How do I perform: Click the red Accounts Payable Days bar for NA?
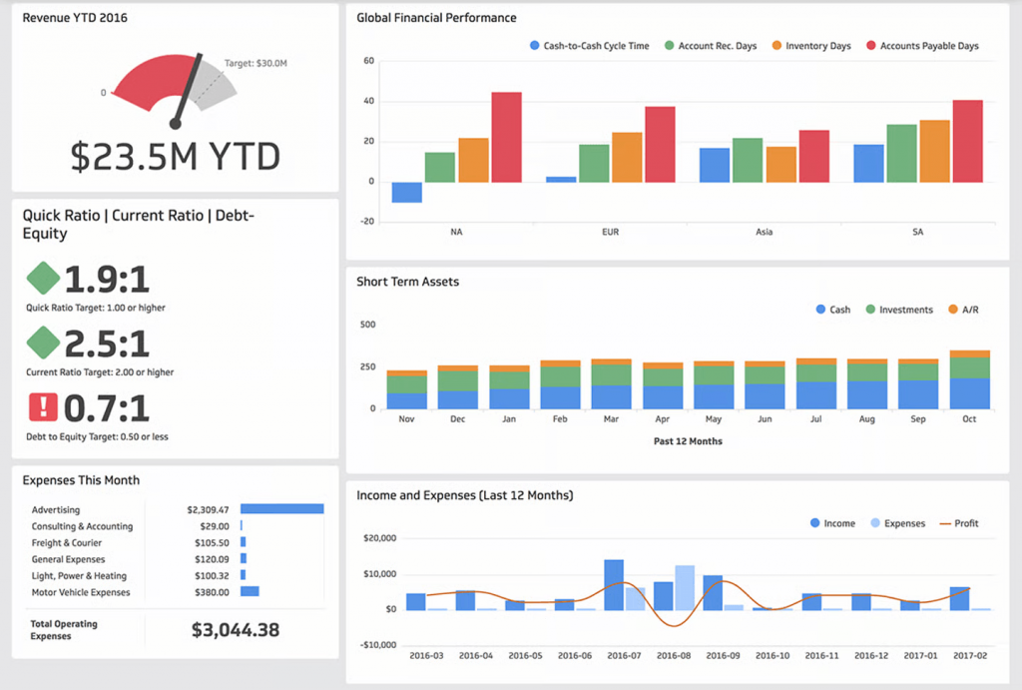click(x=506, y=137)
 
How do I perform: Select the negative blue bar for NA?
click(x=406, y=192)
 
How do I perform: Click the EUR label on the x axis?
click(x=611, y=232)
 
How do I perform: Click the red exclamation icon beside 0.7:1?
click(x=43, y=407)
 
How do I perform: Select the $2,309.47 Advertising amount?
click(x=208, y=509)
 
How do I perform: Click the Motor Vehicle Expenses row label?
click(x=81, y=592)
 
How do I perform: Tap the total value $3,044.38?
click(x=236, y=630)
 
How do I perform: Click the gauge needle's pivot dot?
click(x=176, y=123)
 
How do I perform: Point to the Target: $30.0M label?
click(x=255, y=63)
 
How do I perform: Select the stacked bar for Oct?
click(x=969, y=379)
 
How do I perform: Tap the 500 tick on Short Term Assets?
click(x=367, y=325)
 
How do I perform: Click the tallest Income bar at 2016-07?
click(x=614, y=584)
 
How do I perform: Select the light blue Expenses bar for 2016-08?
click(x=685, y=587)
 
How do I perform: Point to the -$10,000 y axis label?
click(x=376, y=644)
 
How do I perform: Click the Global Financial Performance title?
click(x=437, y=18)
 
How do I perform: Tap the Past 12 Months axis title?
click(x=689, y=441)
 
